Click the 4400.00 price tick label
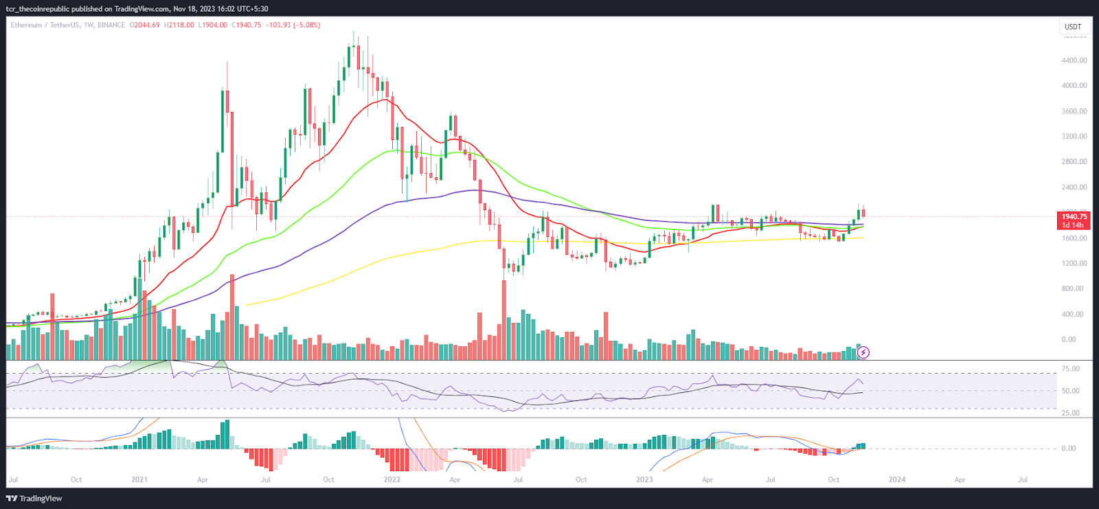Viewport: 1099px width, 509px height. (x=1074, y=60)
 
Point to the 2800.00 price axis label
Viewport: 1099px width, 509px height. (x=1074, y=162)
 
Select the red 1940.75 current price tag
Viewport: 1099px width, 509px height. (x=1074, y=217)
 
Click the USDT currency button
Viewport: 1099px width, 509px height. (x=1072, y=27)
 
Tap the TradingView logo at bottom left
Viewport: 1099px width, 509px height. (x=34, y=499)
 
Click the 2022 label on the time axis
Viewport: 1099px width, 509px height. (x=392, y=479)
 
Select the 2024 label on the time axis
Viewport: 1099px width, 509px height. (x=896, y=479)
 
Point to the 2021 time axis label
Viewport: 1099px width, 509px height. (x=139, y=479)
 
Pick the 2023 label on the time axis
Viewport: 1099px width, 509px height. (x=644, y=479)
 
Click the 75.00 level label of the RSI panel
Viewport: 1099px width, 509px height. (x=1070, y=369)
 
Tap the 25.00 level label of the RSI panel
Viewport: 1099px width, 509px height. (x=1070, y=413)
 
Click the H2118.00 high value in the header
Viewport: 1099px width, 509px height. (x=179, y=25)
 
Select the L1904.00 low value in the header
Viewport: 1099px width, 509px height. (x=212, y=25)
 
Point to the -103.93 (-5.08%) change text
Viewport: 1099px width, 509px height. (x=293, y=25)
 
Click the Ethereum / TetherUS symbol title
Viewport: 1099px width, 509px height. (x=45, y=25)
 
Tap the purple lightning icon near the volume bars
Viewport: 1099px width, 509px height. (x=863, y=352)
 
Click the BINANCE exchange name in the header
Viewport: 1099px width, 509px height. (x=111, y=25)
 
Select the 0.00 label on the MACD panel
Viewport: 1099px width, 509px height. (x=1068, y=449)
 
